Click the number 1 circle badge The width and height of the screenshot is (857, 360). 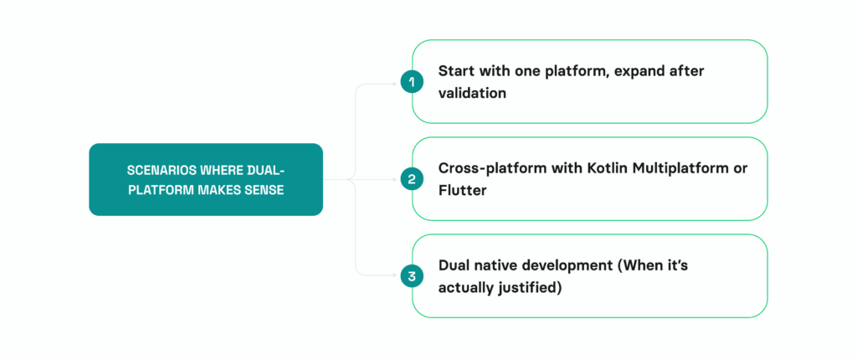[411, 81]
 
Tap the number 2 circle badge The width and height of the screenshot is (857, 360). [411, 178]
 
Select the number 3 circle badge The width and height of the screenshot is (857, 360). [411, 275]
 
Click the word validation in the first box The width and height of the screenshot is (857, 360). [472, 93]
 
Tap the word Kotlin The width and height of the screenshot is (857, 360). [592, 167]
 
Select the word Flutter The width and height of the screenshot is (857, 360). [462, 190]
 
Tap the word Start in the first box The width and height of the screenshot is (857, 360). [456, 70]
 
